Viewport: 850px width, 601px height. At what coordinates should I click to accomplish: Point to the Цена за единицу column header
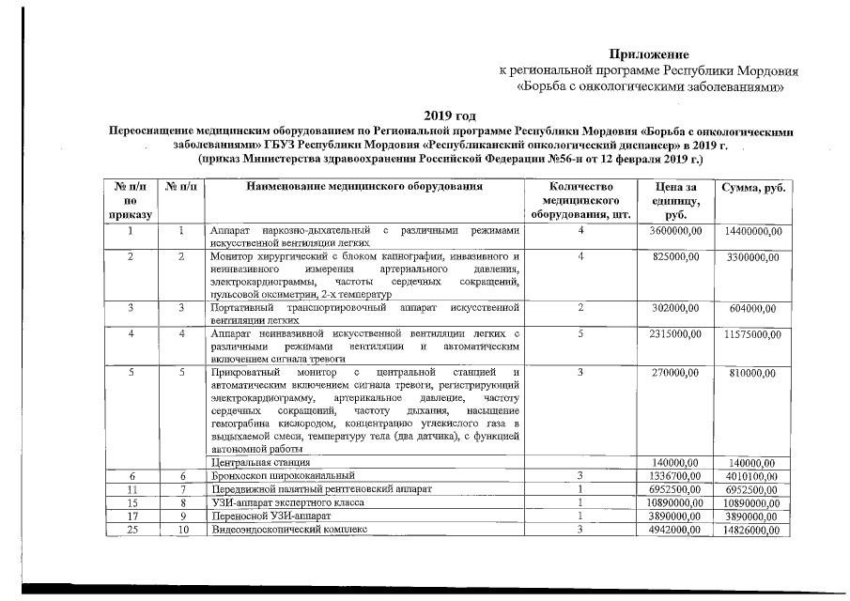click(677, 201)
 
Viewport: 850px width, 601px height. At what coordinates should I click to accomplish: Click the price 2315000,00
click(675, 333)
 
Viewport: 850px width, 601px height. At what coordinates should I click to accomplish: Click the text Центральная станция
click(260, 463)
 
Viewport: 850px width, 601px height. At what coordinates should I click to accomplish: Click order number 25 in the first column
click(131, 530)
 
